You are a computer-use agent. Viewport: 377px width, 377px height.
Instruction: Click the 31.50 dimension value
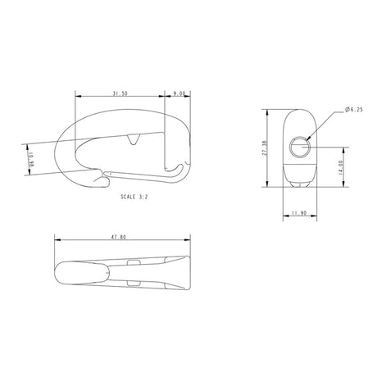[x=119, y=94]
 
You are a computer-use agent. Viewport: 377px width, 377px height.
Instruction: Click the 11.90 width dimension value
[x=299, y=215]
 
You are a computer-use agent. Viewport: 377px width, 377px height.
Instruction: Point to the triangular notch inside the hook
[x=133, y=140]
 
